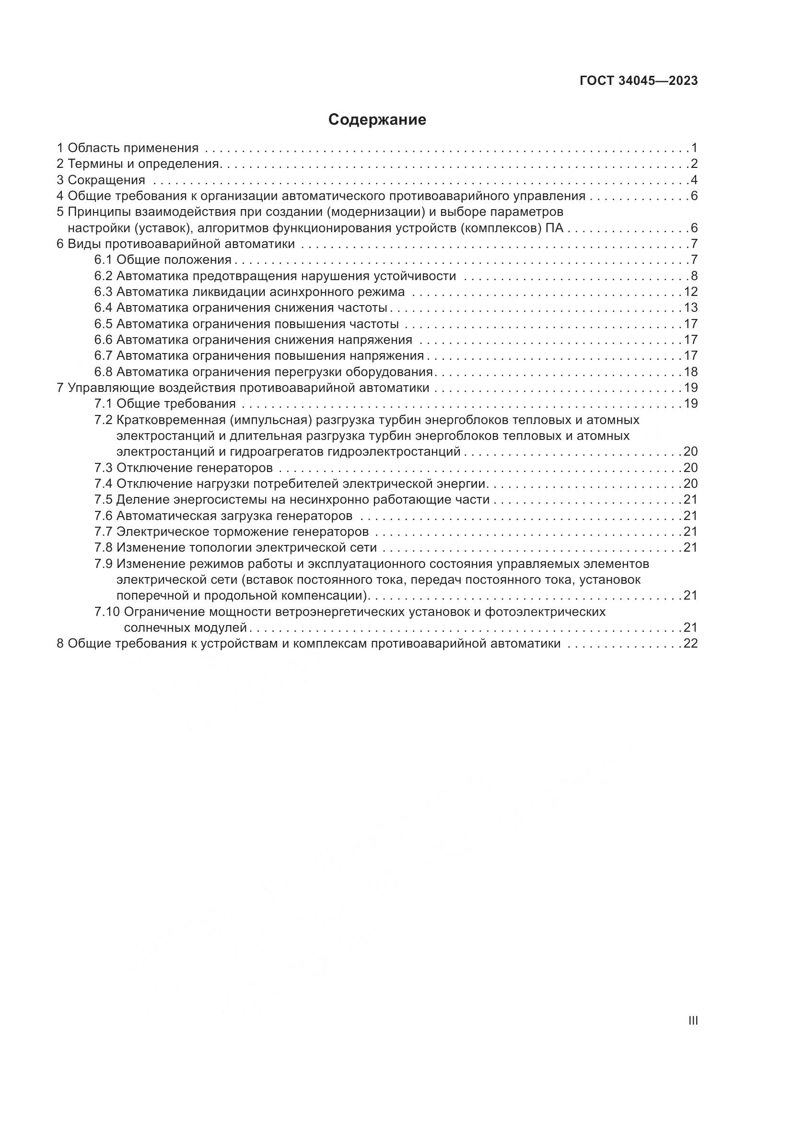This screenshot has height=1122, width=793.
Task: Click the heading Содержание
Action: [377, 120]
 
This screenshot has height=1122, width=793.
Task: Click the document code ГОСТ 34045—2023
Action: [639, 81]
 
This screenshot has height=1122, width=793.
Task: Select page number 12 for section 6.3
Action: [690, 292]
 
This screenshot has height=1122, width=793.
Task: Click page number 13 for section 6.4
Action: [690, 308]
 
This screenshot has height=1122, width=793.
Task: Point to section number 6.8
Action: [103, 372]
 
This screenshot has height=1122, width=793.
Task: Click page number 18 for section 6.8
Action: [690, 372]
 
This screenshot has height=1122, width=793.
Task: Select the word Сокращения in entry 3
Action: [106, 180]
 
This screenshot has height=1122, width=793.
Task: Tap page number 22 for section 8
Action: [690, 644]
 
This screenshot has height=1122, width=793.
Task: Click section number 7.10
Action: [107, 612]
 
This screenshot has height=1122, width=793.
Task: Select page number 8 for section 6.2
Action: [694, 276]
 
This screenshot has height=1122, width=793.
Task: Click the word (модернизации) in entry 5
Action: [373, 212]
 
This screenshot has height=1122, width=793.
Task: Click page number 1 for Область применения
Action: [694, 148]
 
